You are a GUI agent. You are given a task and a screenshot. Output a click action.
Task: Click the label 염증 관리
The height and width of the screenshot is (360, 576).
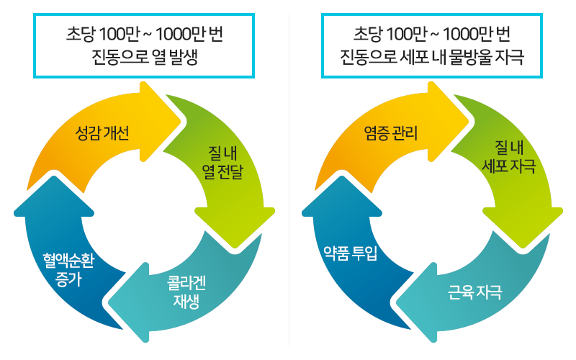(391, 133)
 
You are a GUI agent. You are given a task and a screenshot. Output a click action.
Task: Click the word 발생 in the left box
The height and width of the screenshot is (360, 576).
(182, 58)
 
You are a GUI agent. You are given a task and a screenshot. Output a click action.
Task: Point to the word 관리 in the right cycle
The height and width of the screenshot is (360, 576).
(405, 133)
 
